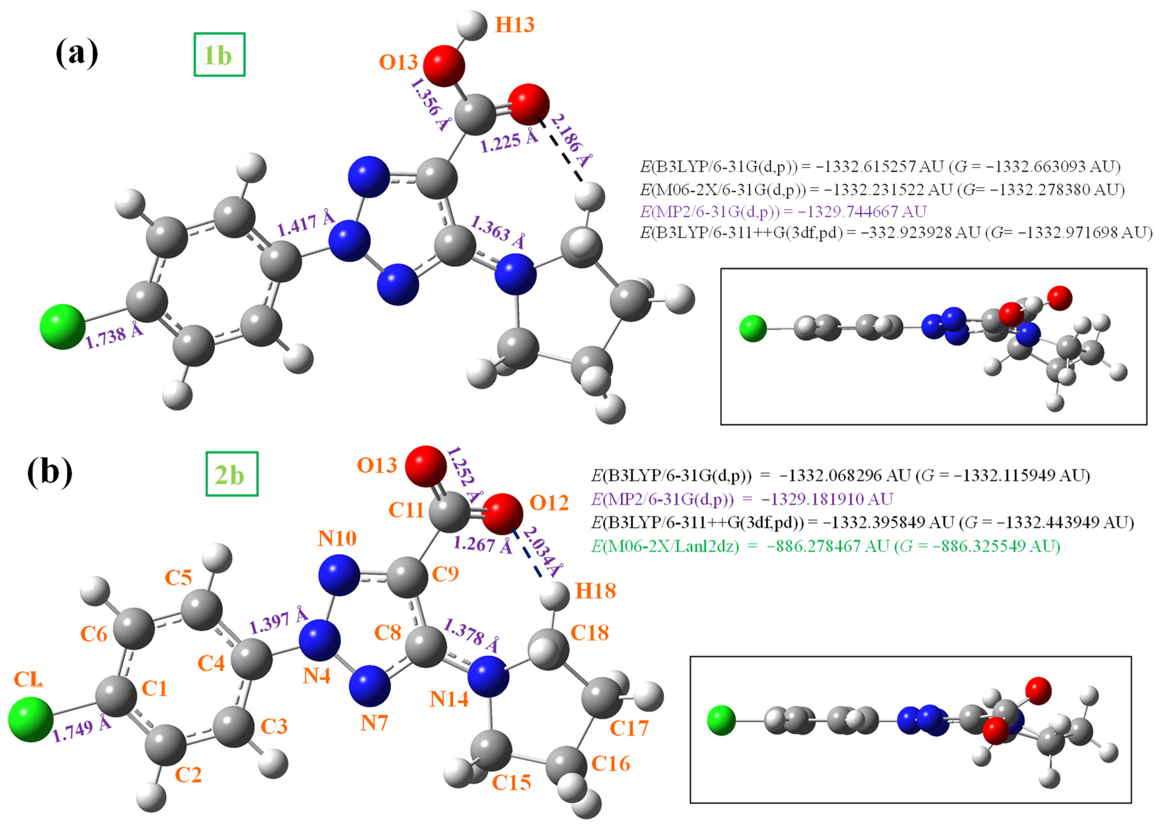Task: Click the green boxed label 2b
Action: click(232, 474)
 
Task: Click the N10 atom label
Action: click(337, 538)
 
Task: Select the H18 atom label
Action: click(595, 591)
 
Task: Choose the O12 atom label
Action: click(549, 503)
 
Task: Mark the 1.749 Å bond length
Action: click(81, 729)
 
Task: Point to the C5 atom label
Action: click(178, 577)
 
